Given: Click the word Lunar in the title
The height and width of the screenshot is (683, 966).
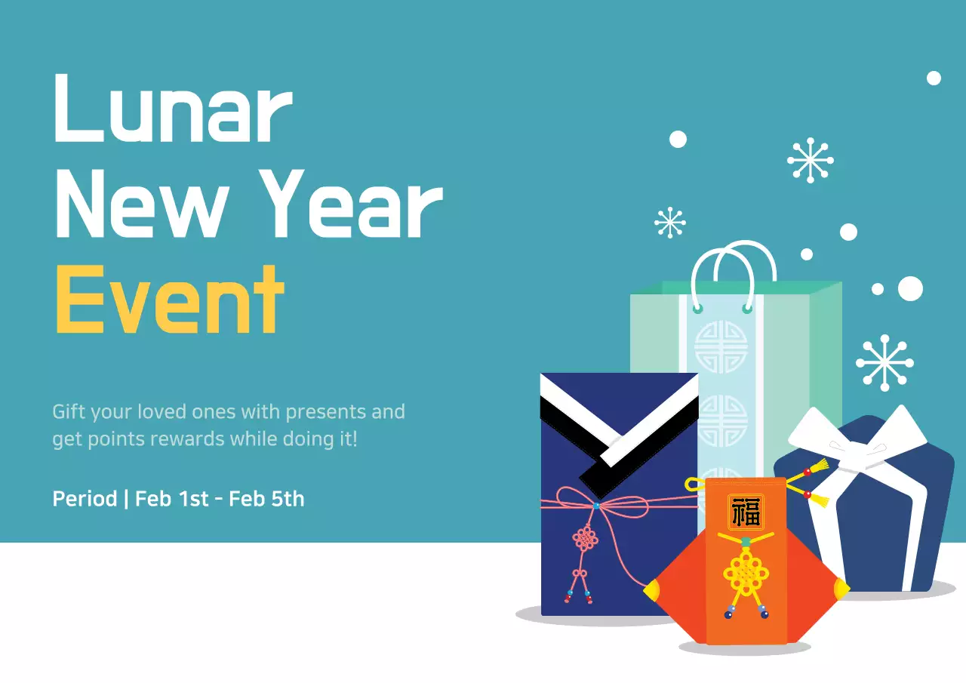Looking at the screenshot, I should [x=172, y=109].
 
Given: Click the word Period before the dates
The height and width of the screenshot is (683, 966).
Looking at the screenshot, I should [x=85, y=499].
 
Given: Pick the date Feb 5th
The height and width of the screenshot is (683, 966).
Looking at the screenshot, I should [x=266, y=499].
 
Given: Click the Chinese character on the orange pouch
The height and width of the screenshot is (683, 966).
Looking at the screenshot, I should [x=746, y=512].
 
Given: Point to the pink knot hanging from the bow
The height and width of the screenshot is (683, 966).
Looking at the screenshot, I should [x=585, y=538].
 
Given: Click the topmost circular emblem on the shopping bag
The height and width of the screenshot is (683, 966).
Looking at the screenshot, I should [x=720, y=346].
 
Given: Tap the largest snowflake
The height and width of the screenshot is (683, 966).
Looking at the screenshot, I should [x=884, y=363].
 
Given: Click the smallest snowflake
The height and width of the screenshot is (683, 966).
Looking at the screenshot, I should [x=669, y=223].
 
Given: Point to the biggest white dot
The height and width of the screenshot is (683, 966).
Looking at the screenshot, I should [x=910, y=288].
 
